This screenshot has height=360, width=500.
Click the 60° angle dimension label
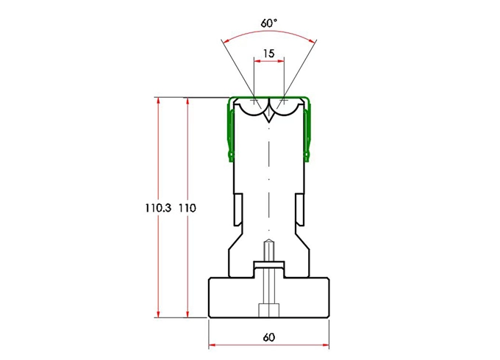[269, 23]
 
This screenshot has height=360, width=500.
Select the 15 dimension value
[268, 54]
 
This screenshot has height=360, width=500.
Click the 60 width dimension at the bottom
[269, 337]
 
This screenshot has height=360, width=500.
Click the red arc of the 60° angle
[269, 32]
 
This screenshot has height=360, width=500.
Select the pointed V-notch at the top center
[269, 115]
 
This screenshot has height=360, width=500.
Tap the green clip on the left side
[229, 132]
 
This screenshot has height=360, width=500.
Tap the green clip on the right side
[310, 132]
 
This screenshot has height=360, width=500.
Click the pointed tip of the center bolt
[269, 243]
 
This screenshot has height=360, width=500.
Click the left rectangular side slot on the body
[238, 209]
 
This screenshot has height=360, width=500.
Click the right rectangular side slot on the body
[300, 209]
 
